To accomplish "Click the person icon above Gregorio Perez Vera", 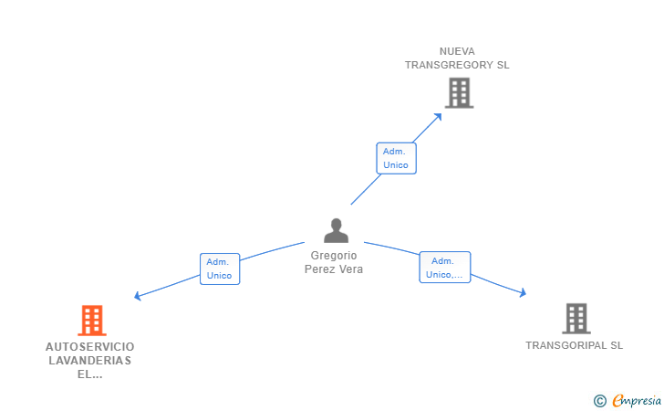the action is pos(336,230).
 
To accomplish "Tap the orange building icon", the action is pos(92,321).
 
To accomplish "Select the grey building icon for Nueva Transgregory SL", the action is pos(459,93).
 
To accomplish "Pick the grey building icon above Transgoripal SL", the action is pos(576,319).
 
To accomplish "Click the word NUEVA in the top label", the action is pos(457,51).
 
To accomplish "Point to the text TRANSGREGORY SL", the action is pos(457,65).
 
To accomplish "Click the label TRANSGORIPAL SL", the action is pos(575,345).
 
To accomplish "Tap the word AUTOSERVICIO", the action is pos(89,346).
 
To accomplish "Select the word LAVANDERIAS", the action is pos(89,361).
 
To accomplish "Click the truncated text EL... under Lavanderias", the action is pos(89,374).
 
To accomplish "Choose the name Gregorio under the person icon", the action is pos(334,256).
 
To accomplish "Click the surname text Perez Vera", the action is pos(334,269).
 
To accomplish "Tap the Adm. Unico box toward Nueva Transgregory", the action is pos(396,158).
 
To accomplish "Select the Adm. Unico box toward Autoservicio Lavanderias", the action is pos(220,269).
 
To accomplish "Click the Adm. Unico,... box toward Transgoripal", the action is pos(445,268).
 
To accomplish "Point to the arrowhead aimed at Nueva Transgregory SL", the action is pos(439,117).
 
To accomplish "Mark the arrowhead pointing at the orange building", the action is pos(137,296).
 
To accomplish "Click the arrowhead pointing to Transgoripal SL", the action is pos(523,292).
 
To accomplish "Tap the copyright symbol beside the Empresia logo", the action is pos(599,401).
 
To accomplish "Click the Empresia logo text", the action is pos(637,400).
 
